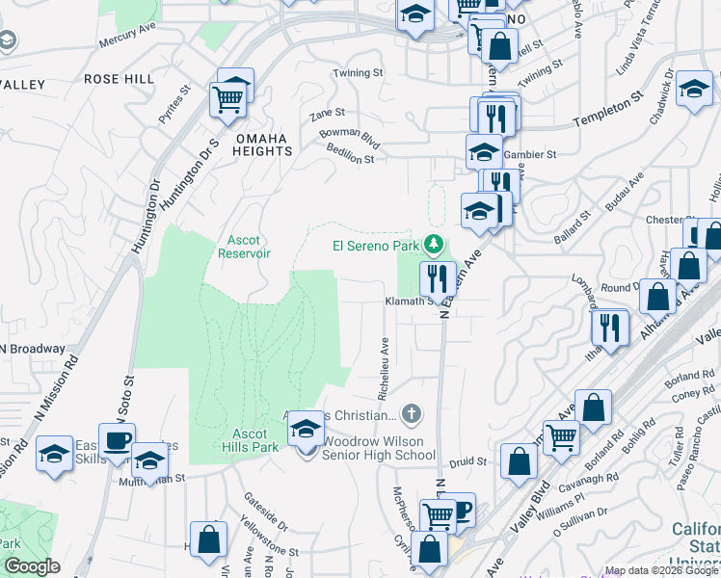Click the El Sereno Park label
(378, 245)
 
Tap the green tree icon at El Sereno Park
(435, 245)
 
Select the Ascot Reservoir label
(250, 247)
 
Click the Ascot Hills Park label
(250, 441)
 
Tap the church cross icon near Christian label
(412, 415)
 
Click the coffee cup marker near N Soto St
(117, 441)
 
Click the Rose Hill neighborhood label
(120, 78)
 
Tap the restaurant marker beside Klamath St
(438, 279)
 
